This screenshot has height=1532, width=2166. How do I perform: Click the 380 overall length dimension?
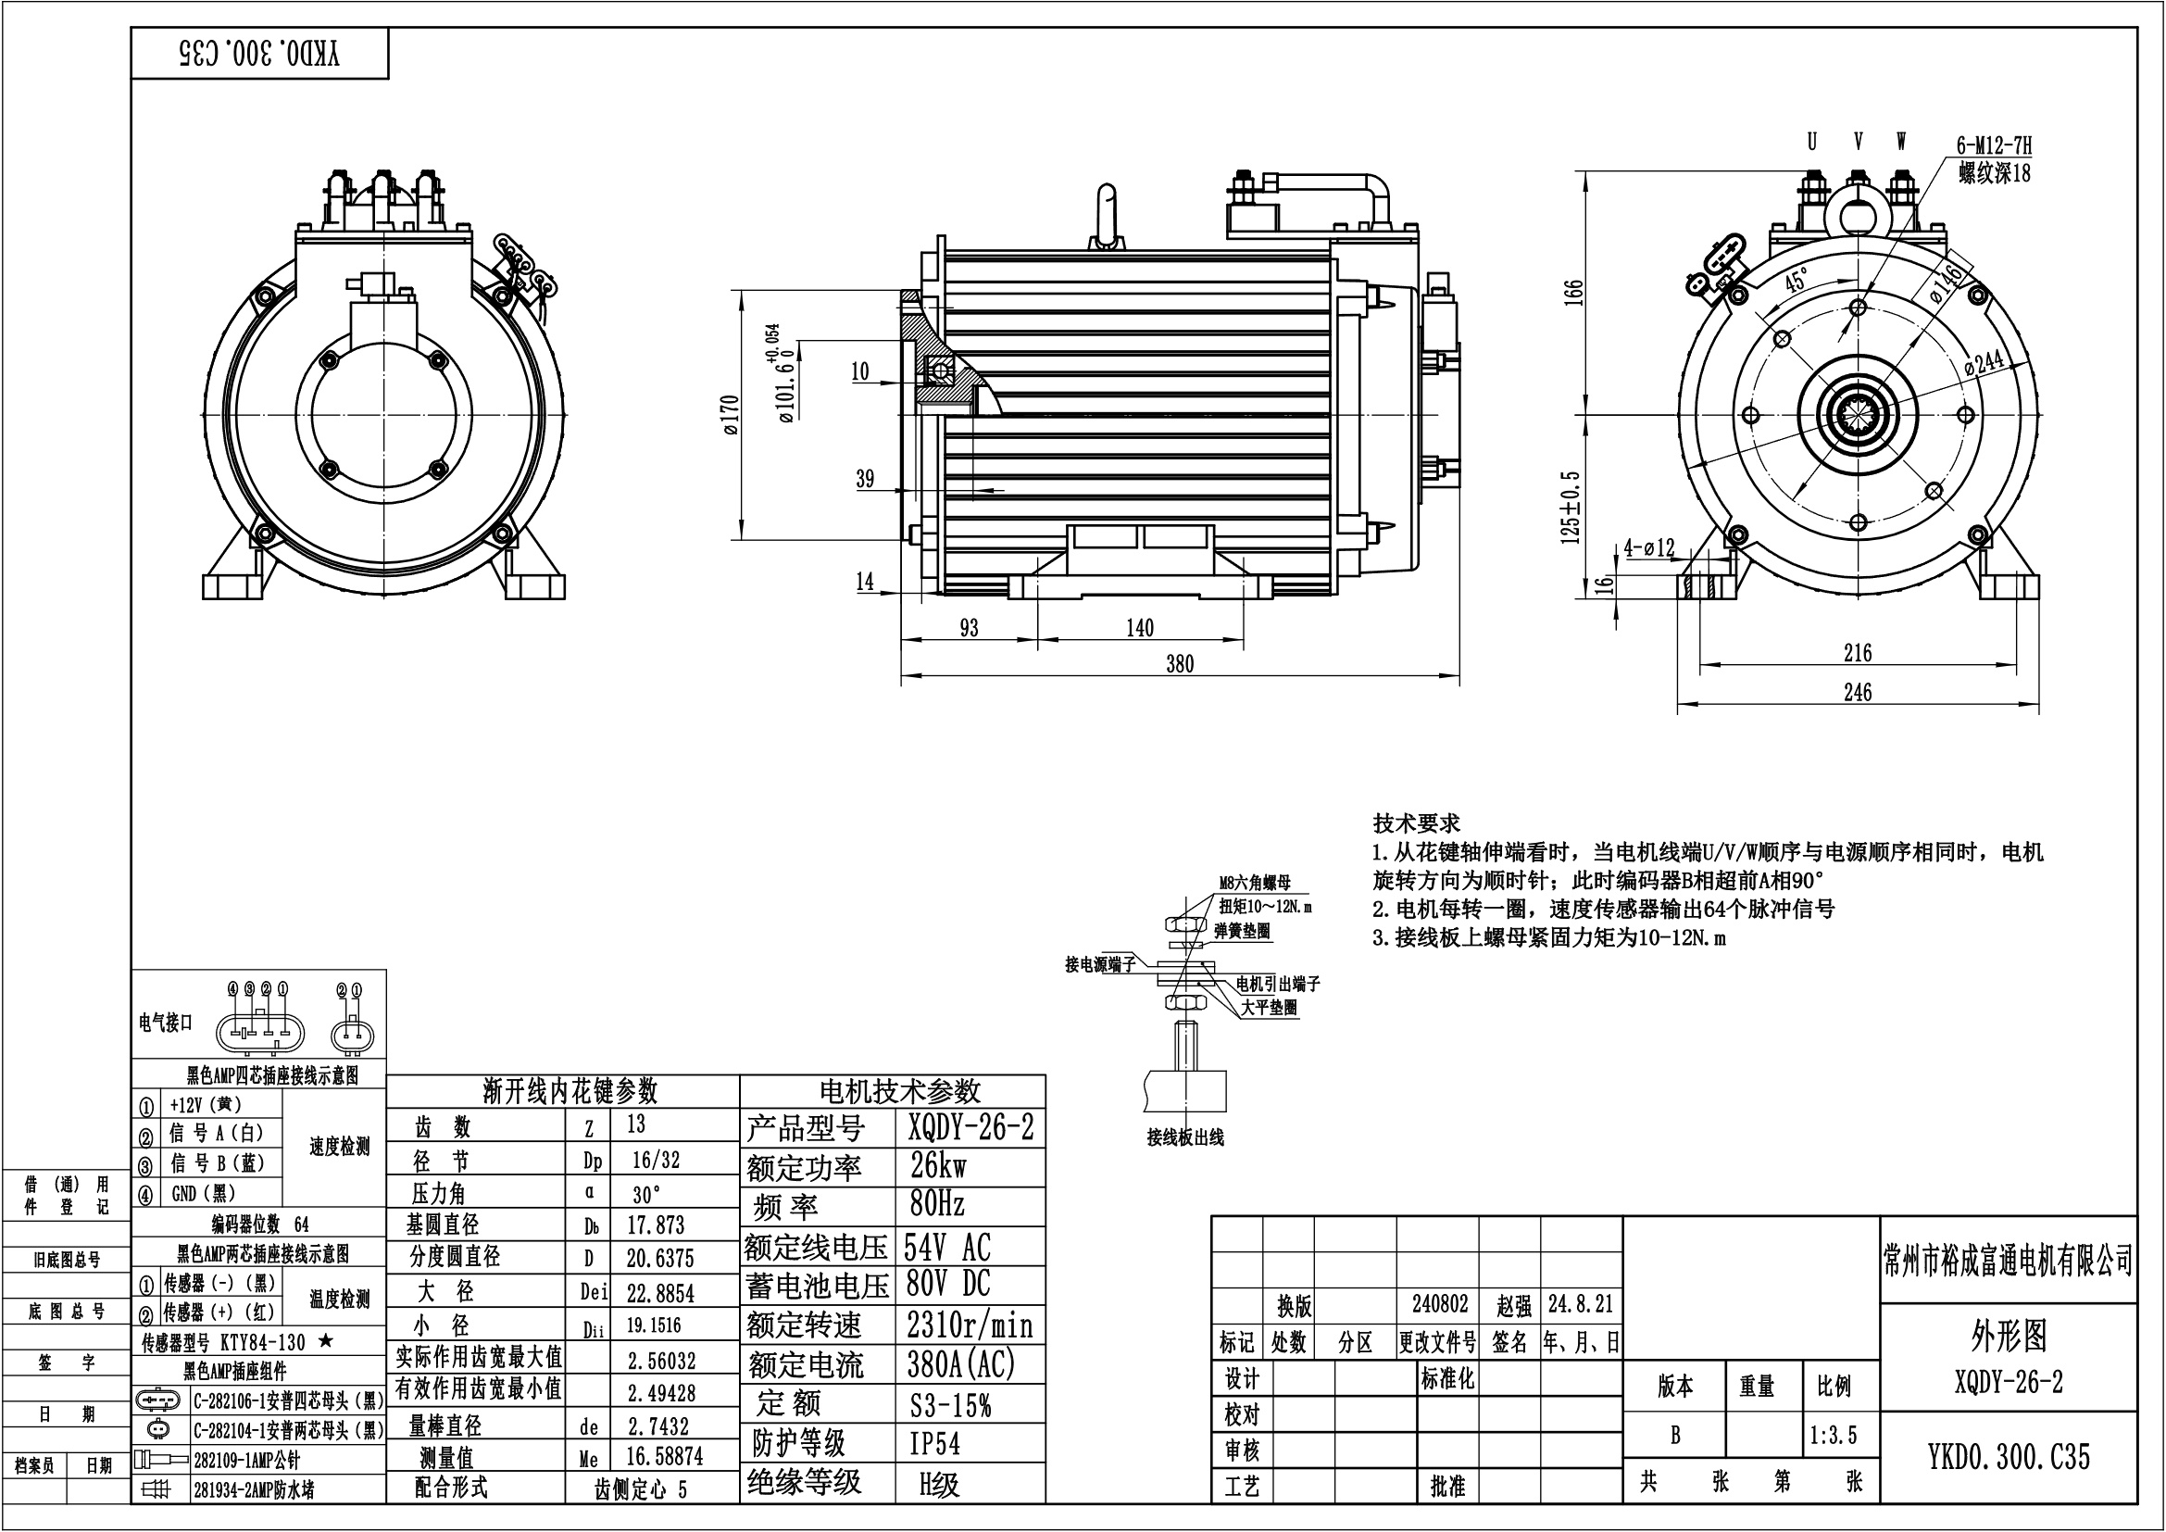[x=1179, y=663]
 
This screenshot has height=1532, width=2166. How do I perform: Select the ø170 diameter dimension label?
[x=732, y=415]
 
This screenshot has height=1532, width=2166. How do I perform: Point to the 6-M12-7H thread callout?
[x=1994, y=145]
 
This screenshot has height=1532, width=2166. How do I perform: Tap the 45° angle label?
[x=1797, y=280]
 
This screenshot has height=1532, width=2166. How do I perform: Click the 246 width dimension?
[x=1858, y=693]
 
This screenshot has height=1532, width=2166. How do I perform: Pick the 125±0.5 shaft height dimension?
[x=1571, y=507]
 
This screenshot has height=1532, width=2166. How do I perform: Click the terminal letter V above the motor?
[x=1858, y=142]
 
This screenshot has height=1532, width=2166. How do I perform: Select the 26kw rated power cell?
[x=938, y=1166]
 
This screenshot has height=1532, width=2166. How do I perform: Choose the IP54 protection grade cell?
[x=935, y=1443]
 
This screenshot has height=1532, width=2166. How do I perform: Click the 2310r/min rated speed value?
[x=970, y=1325]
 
